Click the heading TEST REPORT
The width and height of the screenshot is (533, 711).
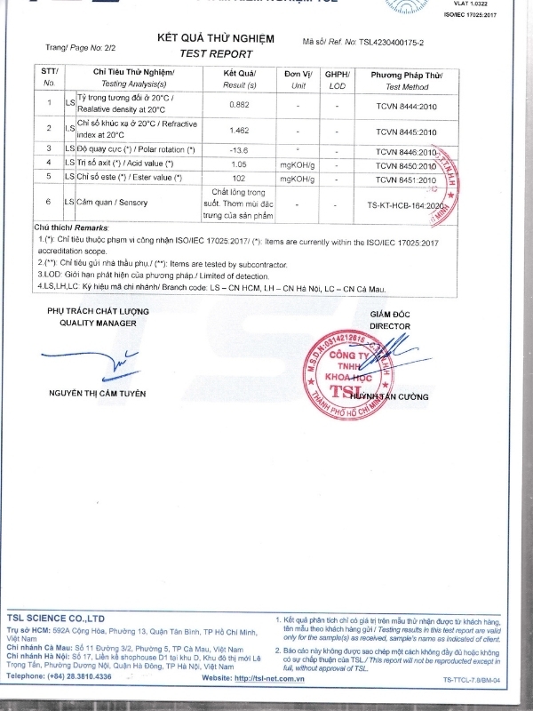click(216, 53)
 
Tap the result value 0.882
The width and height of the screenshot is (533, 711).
click(239, 105)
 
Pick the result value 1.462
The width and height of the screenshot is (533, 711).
click(239, 130)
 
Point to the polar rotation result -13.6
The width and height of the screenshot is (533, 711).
click(238, 150)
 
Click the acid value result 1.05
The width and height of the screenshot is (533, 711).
click(238, 164)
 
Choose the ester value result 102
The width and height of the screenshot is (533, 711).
click(238, 179)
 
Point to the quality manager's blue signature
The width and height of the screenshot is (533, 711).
click(102, 361)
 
